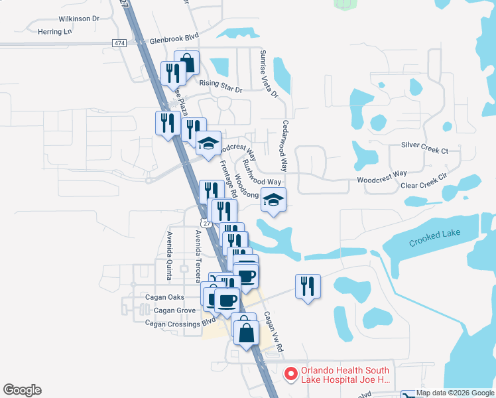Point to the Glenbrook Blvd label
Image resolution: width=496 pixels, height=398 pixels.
(x=174, y=40)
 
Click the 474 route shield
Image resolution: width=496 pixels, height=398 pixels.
(x=119, y=43)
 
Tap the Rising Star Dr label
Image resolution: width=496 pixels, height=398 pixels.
(x=221, y=84)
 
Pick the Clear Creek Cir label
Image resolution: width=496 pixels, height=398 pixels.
(x=424, y=186)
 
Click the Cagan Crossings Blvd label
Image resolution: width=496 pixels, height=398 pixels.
(x=180, y=322)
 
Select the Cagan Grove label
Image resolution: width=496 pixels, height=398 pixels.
(x=174, y=310)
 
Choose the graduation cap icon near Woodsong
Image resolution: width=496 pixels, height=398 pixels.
(x=273, y=198)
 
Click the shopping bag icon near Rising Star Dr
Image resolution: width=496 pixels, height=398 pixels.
(x=187, y=63)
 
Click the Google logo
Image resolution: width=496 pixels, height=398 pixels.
(x=22, y=390)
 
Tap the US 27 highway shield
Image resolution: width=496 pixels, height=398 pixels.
(x=208, y=224)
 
